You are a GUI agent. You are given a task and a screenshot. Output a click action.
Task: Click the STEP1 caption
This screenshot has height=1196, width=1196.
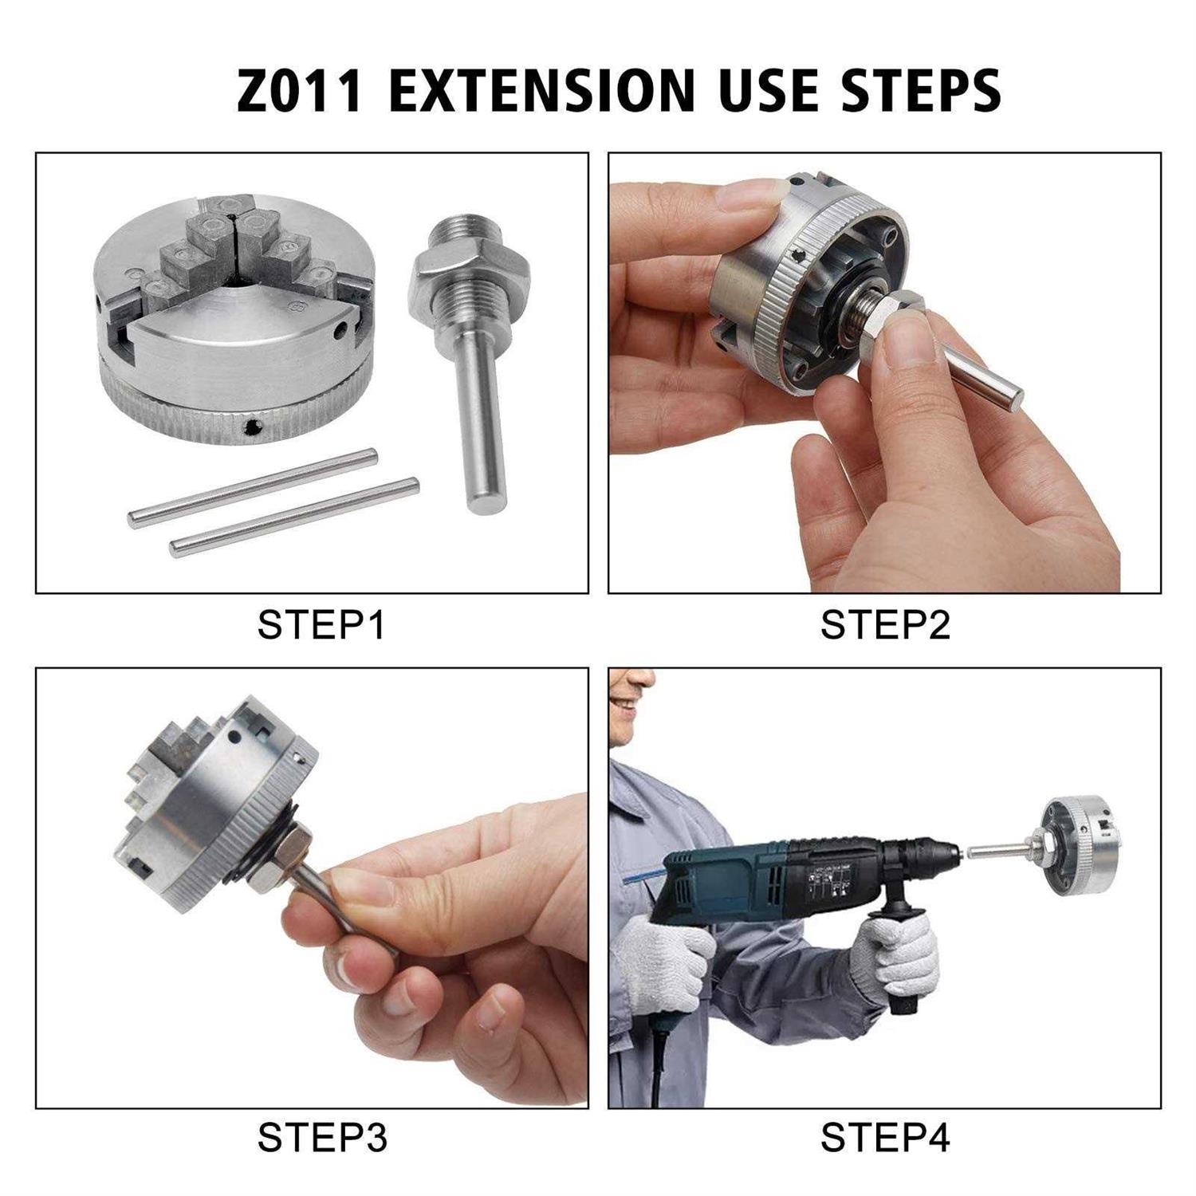[321, 624]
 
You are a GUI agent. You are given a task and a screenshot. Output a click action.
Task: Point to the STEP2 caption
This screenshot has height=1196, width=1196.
[885, 624]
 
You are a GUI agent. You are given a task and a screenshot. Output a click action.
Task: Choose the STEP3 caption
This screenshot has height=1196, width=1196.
[321, 1137]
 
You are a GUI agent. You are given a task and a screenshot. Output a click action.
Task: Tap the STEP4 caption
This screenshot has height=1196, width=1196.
[885, 1137]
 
